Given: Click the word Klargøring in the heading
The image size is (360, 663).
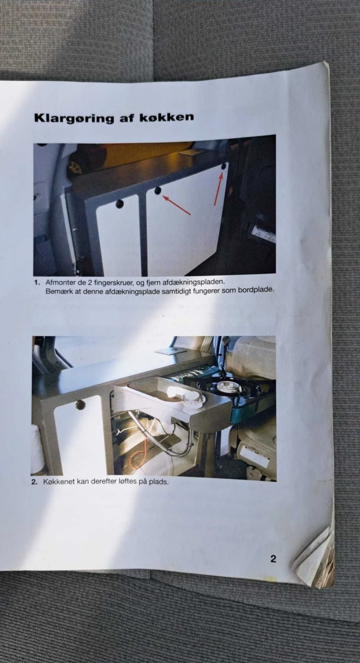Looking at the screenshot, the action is [x=74, y=118].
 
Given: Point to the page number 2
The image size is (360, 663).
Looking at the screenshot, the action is [x=273, y=559].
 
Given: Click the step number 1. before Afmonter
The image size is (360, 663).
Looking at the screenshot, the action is [x=37, y=282].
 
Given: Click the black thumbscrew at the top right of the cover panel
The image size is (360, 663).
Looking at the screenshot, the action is [x=224, y=166].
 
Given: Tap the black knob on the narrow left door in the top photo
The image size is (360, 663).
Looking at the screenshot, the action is [x=120, y=203].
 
